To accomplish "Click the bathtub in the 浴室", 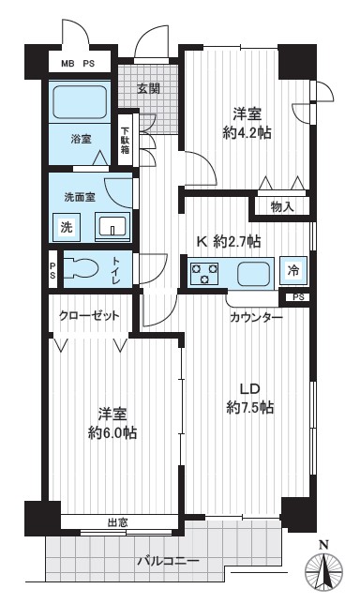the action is click(80, 101).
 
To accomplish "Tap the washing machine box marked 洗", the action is click(67, 227).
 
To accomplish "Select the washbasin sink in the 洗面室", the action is click(112, 226).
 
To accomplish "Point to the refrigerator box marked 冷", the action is click(293, 270).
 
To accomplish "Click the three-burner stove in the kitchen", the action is click(203, 272).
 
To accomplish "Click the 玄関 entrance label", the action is click(149, 88).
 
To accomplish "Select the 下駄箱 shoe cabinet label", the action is click(126, 141).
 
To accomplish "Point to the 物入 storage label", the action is click(282, 207).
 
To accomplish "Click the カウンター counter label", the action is click(256, 317).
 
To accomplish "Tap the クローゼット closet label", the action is click(89, 316).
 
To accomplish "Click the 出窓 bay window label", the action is click(117, 522).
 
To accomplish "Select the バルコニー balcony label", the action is click(169, 561).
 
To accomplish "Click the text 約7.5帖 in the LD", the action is click(250, 407).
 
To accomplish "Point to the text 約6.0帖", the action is click(112, 433).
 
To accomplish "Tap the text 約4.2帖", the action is click(247, 133).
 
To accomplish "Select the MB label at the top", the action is click(67, 64).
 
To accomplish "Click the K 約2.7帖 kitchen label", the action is click(229, 242).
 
